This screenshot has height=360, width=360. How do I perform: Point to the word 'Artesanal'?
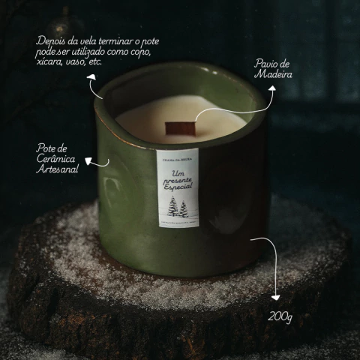(x=57, y=170)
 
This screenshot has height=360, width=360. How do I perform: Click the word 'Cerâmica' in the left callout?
(x=56, y=159)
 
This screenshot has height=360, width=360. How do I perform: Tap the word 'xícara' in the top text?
(x=49, y=62)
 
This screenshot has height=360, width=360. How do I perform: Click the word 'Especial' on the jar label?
(x=177, y=184)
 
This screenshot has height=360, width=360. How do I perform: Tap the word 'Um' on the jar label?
(x=169, y=173)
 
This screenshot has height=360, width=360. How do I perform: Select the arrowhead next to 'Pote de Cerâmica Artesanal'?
(x=88, y=160)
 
